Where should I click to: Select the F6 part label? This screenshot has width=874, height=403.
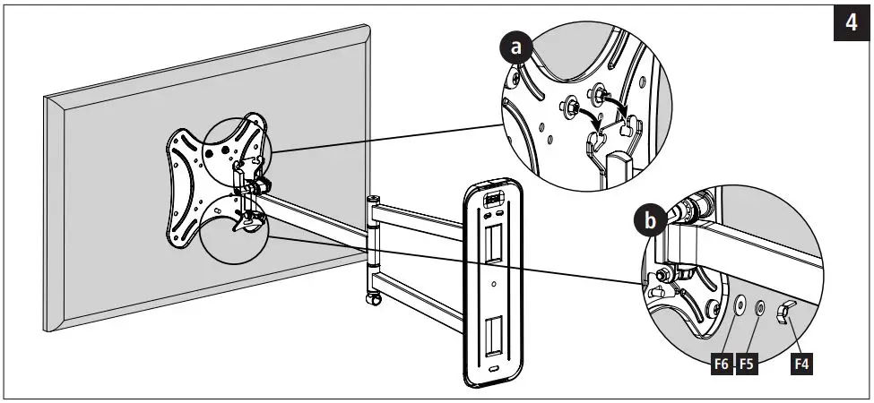click(721, 364)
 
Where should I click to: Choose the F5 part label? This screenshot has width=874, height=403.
click(747, 364)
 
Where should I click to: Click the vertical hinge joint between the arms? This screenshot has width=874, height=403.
click(372, 237)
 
